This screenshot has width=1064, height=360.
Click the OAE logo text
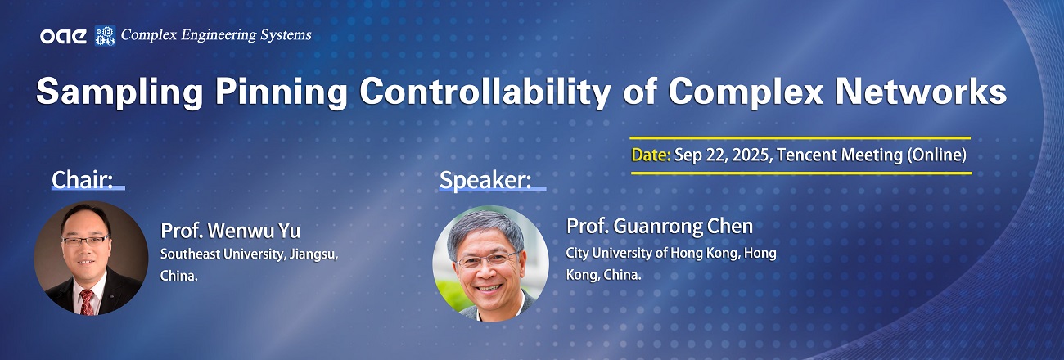pos(63,36)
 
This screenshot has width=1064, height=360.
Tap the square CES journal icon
pos(105,36)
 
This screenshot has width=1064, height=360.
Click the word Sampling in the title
pos(119,92)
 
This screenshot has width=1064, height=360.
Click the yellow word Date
pos(651,155)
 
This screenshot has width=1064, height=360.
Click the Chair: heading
pos(83,179)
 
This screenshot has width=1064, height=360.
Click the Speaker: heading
pos(485,180)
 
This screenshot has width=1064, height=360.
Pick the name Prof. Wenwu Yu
pos(230,231)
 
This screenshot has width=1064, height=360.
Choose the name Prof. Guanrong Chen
pos(660,226)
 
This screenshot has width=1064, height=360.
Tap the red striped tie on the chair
pos(87,303)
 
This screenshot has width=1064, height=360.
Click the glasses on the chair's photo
pos(85,241)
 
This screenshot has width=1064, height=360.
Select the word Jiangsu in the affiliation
pos(313,254)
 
